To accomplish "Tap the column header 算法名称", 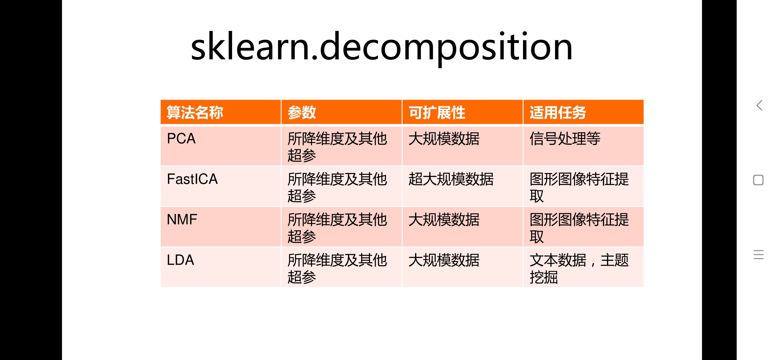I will click(x=195, y=112).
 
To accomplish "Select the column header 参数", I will click(x=302, y=112).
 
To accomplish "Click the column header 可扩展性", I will click(x=437, y=112).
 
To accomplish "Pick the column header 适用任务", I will click(x=558, y=112).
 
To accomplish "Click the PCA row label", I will click(x=181, y=139).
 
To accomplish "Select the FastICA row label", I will click(x=192, y=179).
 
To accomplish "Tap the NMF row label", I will click(x=182, y=220).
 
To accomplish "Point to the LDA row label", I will click(x=180, y=260).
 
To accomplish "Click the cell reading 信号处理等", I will click(x=565, y=139).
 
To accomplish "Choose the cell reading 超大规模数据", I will click(x=451, y=179).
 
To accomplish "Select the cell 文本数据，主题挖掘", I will click(x=579, y=268).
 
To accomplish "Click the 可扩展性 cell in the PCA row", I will click(x=444, y=139).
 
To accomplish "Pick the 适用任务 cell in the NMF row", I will click(x=579, y=228).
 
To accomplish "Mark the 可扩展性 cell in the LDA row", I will click(x=444, y=260).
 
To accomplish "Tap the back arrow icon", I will click(x=759, y=106).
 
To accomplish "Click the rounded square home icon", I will click(x=758, y=180).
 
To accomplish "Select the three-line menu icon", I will click(x=758, y=255).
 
